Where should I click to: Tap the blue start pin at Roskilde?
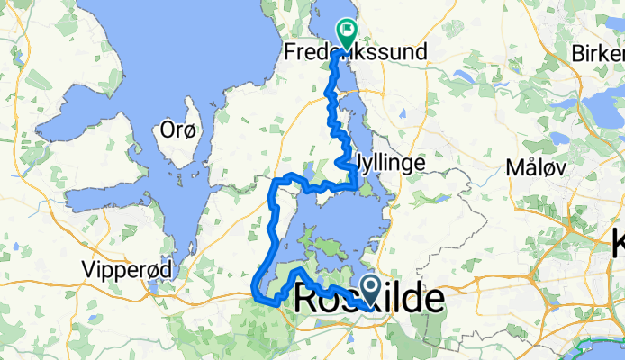[x=371, y=289]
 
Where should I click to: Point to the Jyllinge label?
[x=392, y=164]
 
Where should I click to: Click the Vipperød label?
[x=123, y=267]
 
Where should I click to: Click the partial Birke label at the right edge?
[x=598, y=53]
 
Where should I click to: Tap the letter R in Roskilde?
[x=306, y=301]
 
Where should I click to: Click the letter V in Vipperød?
[x=87, y=267]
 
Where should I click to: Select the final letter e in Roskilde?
[x=434, y=301]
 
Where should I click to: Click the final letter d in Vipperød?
[x=159, y=267]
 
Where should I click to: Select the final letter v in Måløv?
[x=558, y=167]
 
